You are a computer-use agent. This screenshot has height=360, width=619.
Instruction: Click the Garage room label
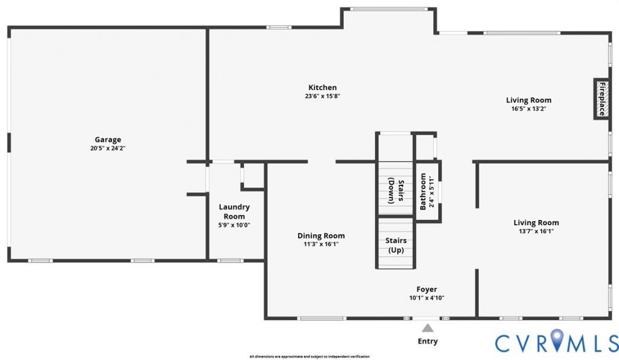point(108,140)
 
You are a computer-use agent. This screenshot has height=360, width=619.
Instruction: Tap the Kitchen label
point(323,88)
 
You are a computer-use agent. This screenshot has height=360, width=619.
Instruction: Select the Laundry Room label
point(234,211)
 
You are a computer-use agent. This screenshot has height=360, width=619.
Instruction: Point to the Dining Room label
point(321,236)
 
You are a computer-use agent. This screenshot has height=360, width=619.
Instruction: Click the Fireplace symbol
point(601,98)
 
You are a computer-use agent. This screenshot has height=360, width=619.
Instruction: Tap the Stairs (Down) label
point(396,190)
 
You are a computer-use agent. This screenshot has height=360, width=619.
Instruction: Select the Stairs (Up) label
point(396,245)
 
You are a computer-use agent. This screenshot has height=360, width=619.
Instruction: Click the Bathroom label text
point(423,191)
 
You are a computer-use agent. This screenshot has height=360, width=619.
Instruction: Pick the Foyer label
point(427,289)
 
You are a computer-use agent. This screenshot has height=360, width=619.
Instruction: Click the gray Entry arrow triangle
point(427,328)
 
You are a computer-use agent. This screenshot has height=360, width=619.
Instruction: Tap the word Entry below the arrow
point(427,341)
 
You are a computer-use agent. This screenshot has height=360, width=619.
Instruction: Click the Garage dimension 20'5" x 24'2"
point(108,148)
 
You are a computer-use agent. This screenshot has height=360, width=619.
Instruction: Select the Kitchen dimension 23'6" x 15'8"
point(323,96)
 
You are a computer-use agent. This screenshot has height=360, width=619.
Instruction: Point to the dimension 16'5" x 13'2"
point(528,109)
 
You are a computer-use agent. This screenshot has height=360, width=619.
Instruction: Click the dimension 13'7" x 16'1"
point(536,231)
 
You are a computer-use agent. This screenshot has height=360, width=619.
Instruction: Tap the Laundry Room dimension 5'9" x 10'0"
point(234,225)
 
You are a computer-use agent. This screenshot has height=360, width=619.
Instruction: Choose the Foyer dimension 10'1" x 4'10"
point(427,298)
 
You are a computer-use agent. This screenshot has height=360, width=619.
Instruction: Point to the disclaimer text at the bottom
point(309,356)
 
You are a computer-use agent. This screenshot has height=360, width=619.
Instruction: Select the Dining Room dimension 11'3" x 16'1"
point(321,244)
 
